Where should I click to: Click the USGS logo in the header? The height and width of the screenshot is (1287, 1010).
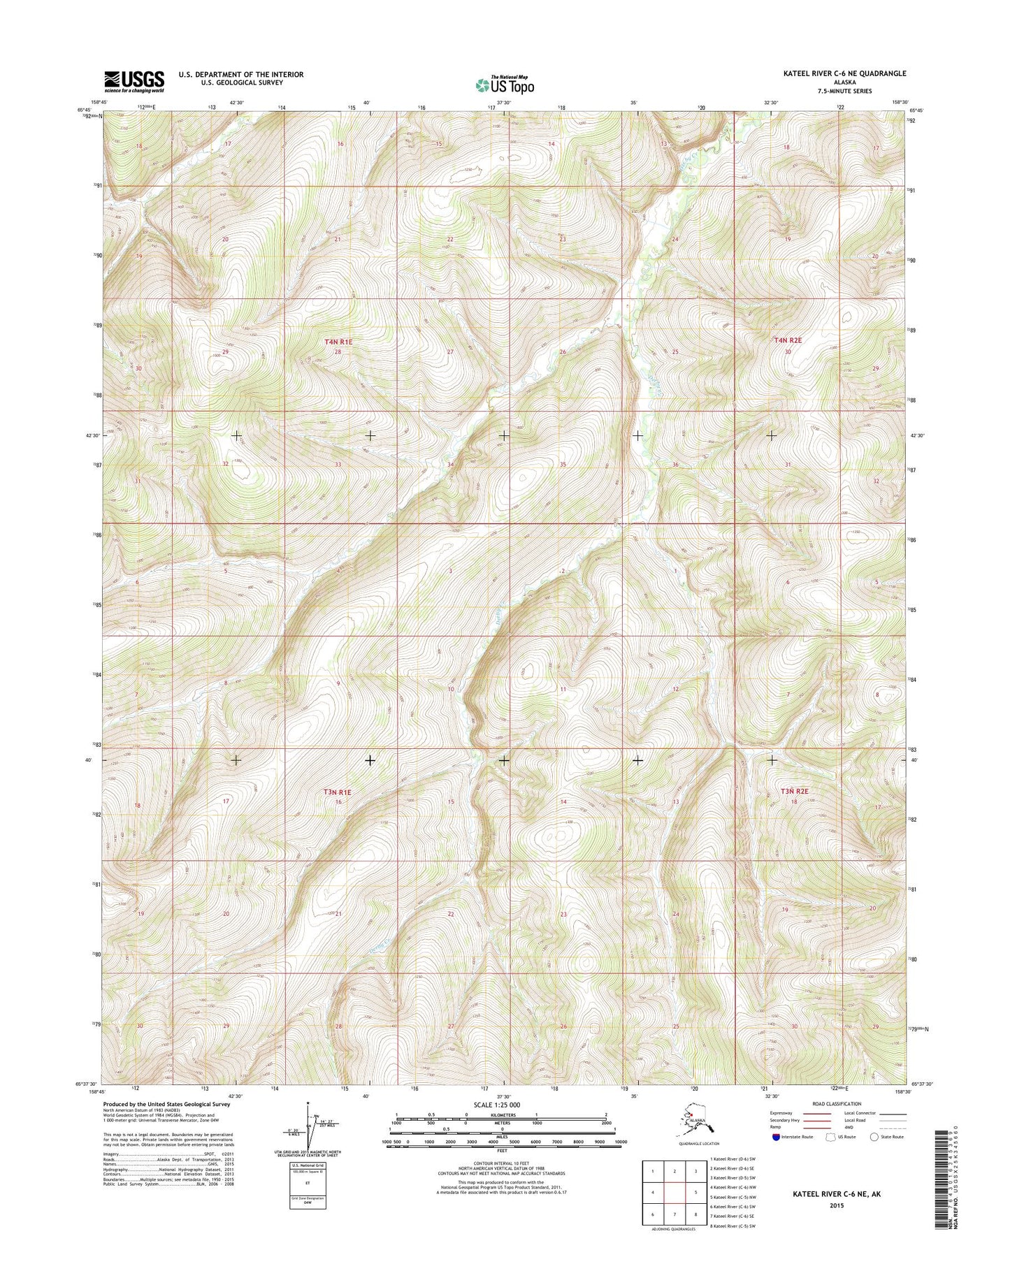pyautogui.click(x=134, y=81)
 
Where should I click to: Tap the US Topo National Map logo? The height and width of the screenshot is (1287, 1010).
pyautogui.click(x=505, y=85)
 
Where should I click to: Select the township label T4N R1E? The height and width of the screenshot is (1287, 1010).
pyautogui.click(x=338, y=342)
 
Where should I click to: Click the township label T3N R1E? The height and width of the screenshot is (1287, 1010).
pyautogui.click(x=337, y=792)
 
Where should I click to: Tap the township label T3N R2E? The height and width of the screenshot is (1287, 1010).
pyautogui.click(x=794, y=791)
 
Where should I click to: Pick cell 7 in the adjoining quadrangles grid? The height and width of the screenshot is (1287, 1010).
pyautogui.click(x=674, y=1214)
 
